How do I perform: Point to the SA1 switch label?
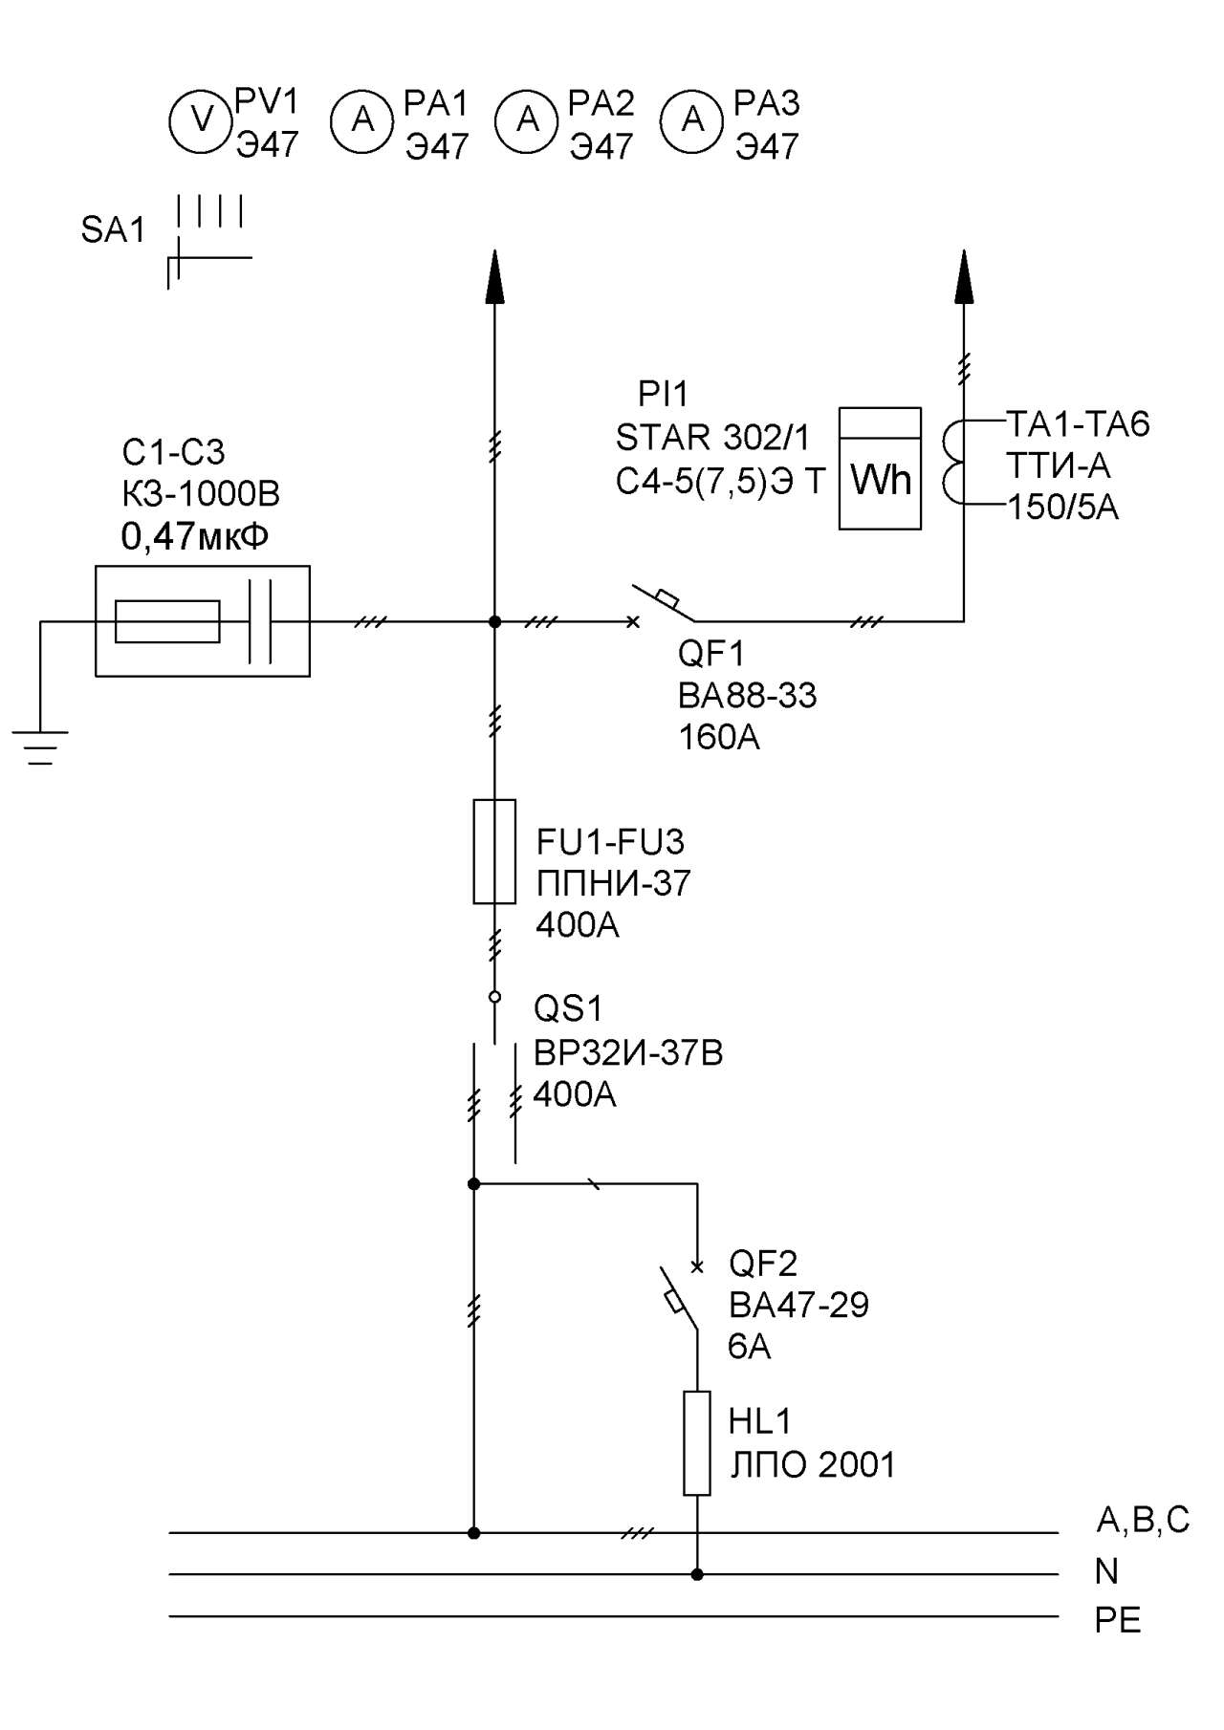(x=113, y=230)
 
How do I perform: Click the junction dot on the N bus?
(x=697, y=1574)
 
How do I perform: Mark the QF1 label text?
(x=711, y=654)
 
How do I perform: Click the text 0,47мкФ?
(x=195, y=537)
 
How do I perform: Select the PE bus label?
(x=1118, y=1620)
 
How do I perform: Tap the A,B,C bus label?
(x=1143, y=1520)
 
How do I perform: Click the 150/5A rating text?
(x=1062, y=507)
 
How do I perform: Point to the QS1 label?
(x=568, y=1008)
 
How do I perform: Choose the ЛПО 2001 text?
(x=813, y=1464)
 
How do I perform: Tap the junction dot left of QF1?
(x=494, y=621)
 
